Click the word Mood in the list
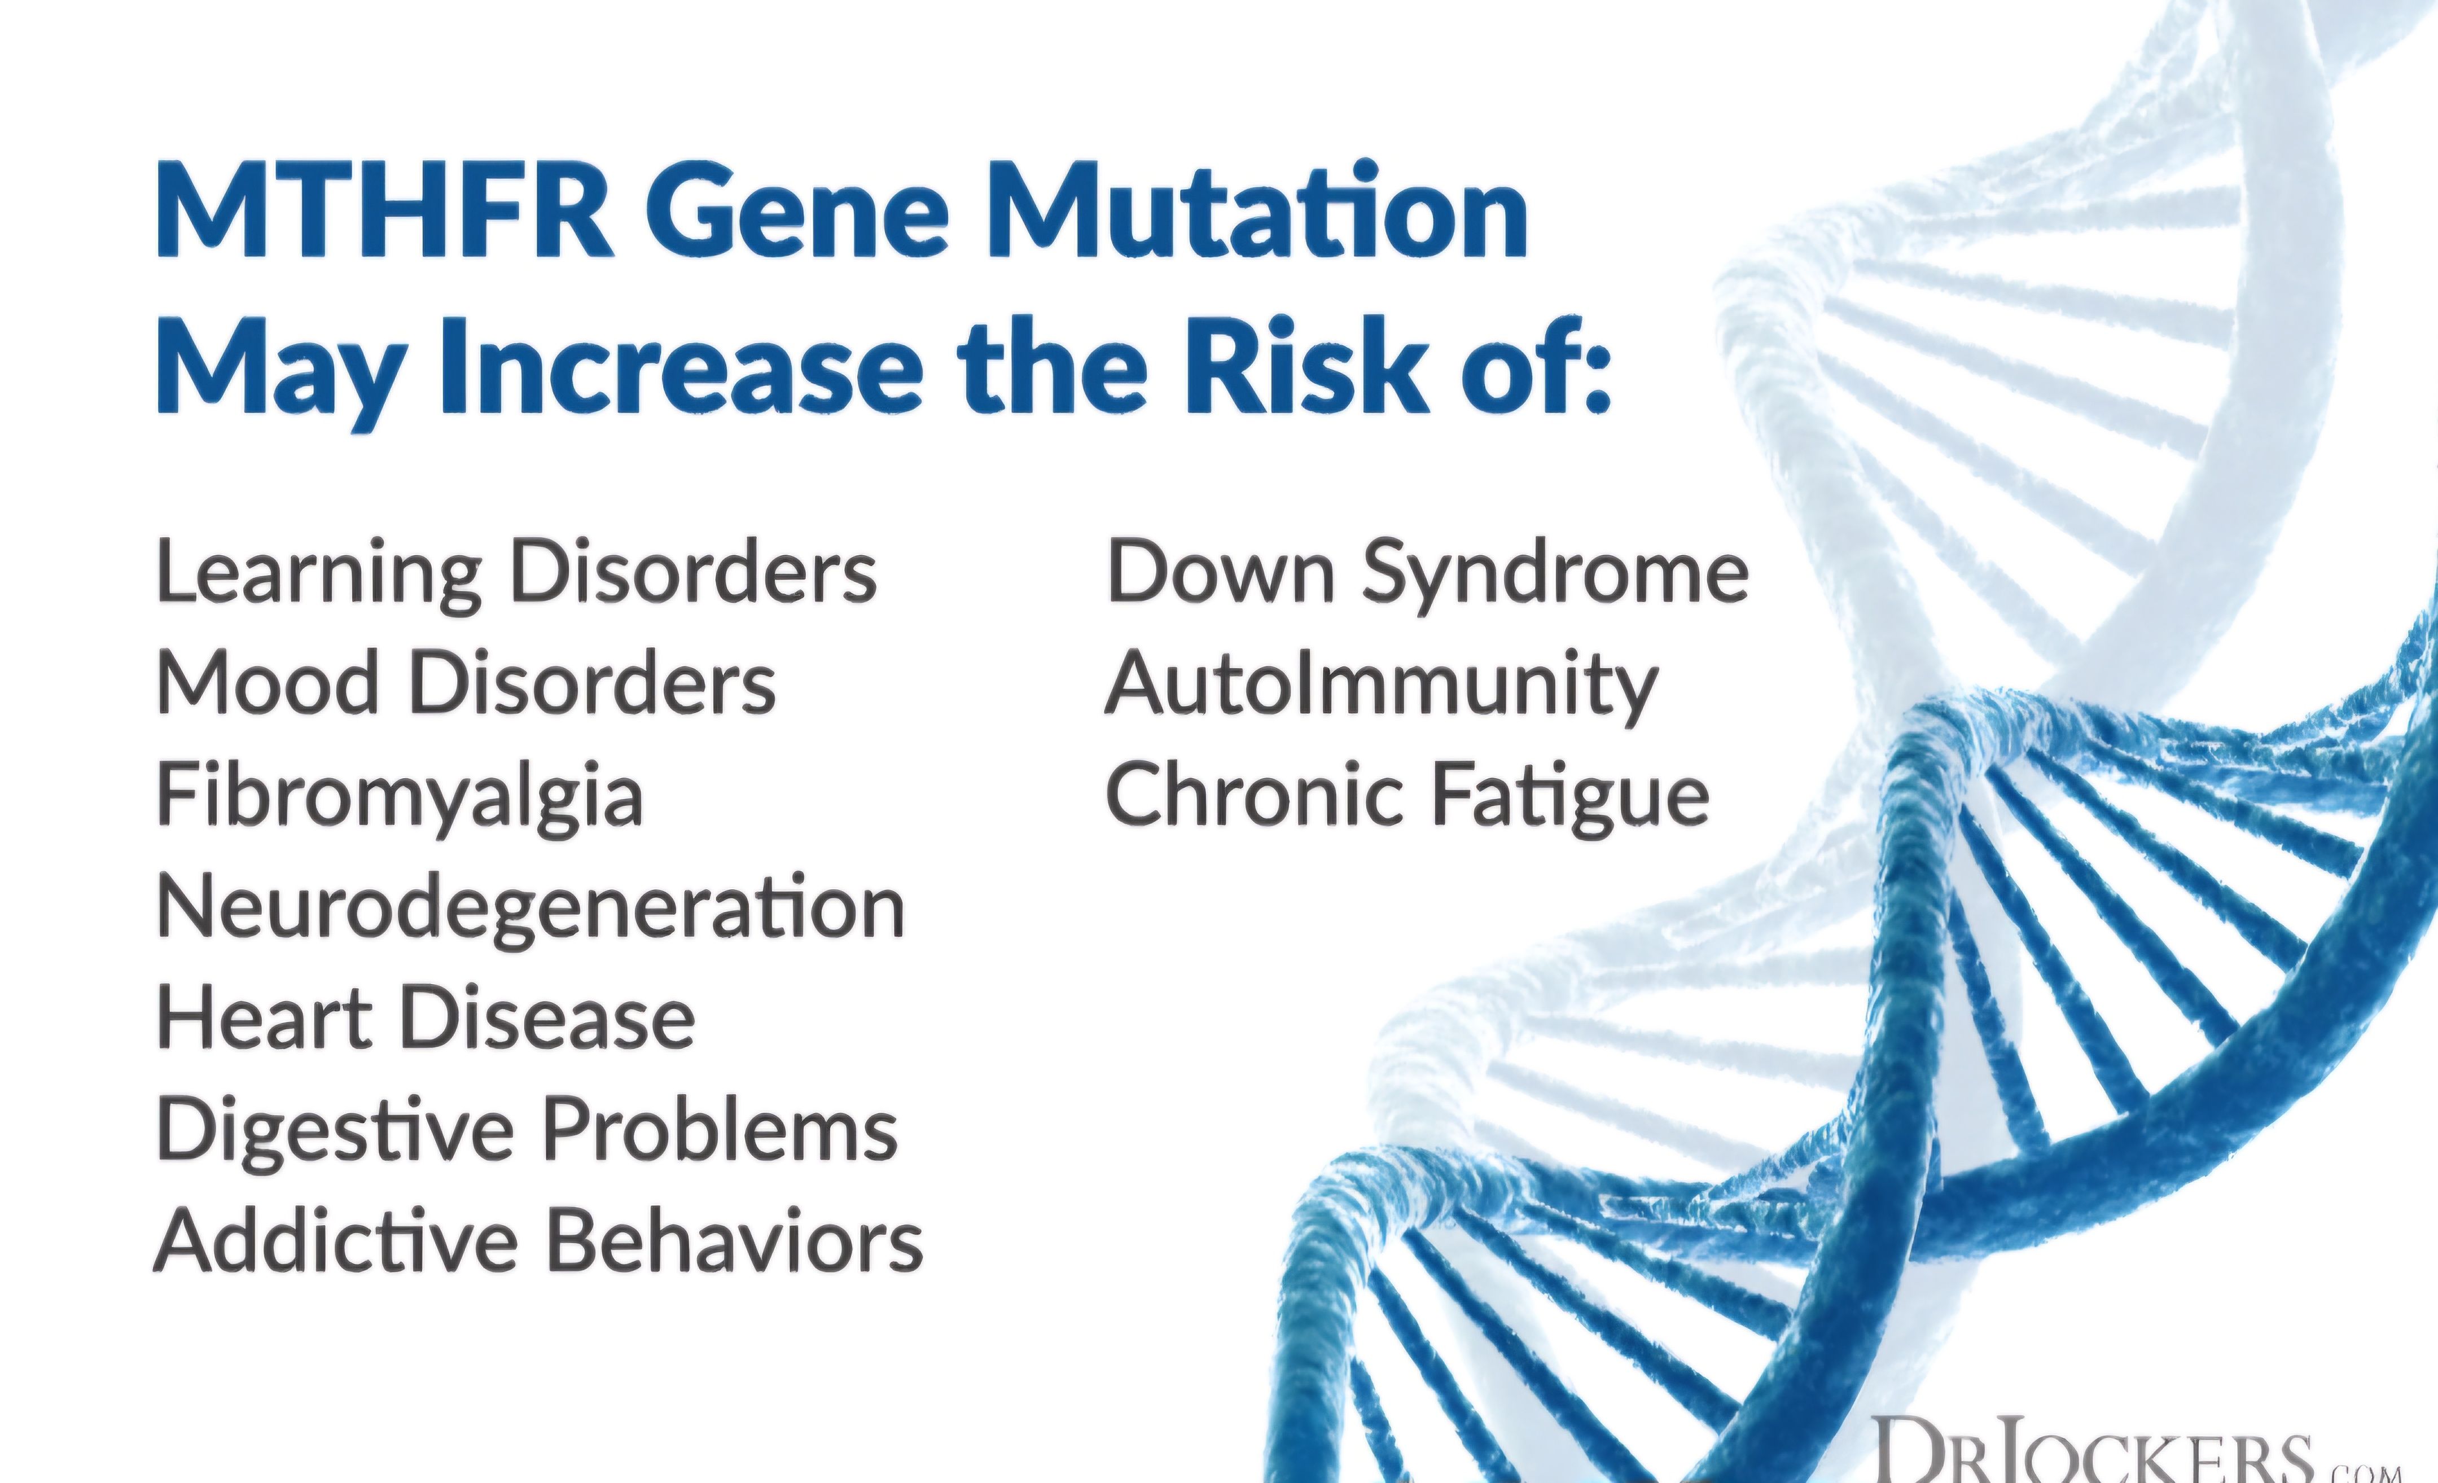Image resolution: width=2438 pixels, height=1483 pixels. point(267,685)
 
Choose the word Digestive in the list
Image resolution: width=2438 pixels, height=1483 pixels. point(335,1133)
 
